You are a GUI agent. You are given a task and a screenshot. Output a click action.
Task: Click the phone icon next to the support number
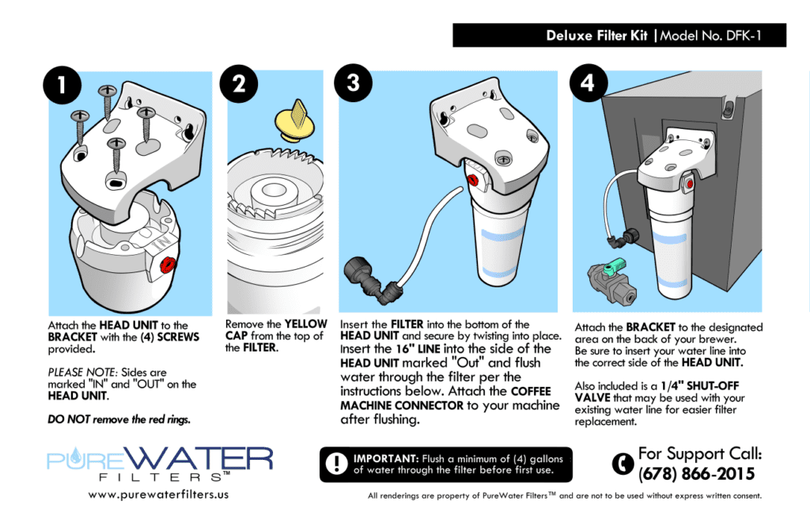pos(624,463)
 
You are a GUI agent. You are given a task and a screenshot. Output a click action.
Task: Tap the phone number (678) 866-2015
pos(696,474)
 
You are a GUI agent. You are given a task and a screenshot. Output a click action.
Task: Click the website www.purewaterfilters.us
pos(158,496)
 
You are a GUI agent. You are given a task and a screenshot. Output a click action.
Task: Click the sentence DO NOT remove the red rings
pos(119,420)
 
